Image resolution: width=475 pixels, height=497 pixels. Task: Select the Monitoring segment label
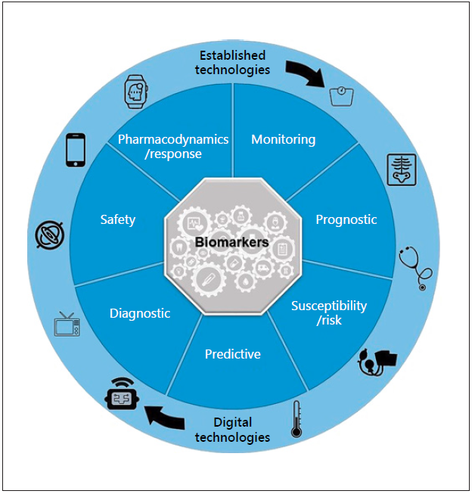(283, 140)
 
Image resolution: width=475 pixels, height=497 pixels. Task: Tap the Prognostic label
(346, 219)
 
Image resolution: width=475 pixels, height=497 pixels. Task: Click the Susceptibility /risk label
(329, 312)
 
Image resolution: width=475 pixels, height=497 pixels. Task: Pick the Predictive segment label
(232, 354)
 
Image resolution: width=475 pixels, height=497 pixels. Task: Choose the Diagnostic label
(140, 313)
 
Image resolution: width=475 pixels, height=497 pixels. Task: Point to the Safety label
(118, 220)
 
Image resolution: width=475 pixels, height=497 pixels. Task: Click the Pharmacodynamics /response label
(173, 147)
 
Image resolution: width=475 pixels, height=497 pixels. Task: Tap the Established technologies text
(232, 63)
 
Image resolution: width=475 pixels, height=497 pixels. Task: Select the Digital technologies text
(232, 430)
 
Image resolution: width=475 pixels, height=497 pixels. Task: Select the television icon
(67, 324)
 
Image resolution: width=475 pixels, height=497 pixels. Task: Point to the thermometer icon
(296, 420)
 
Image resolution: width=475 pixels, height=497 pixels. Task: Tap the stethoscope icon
(416, 268)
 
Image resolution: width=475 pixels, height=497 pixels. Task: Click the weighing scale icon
(340, 96)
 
